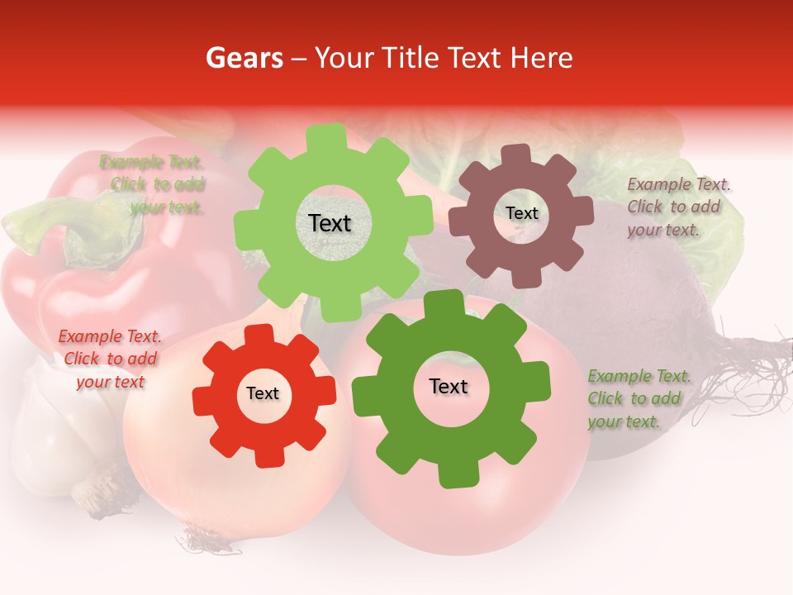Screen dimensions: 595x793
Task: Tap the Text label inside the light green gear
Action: click(330, 223)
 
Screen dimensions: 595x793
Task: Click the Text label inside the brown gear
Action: click(521, 213)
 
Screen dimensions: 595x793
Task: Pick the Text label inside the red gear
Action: click(263, 393)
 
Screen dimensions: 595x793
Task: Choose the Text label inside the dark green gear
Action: click(449, 386)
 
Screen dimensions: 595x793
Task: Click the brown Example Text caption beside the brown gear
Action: click(677, 207)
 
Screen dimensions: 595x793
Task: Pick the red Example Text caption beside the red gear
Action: click(110, 359)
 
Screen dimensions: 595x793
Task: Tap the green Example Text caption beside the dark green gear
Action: click(639, 398)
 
